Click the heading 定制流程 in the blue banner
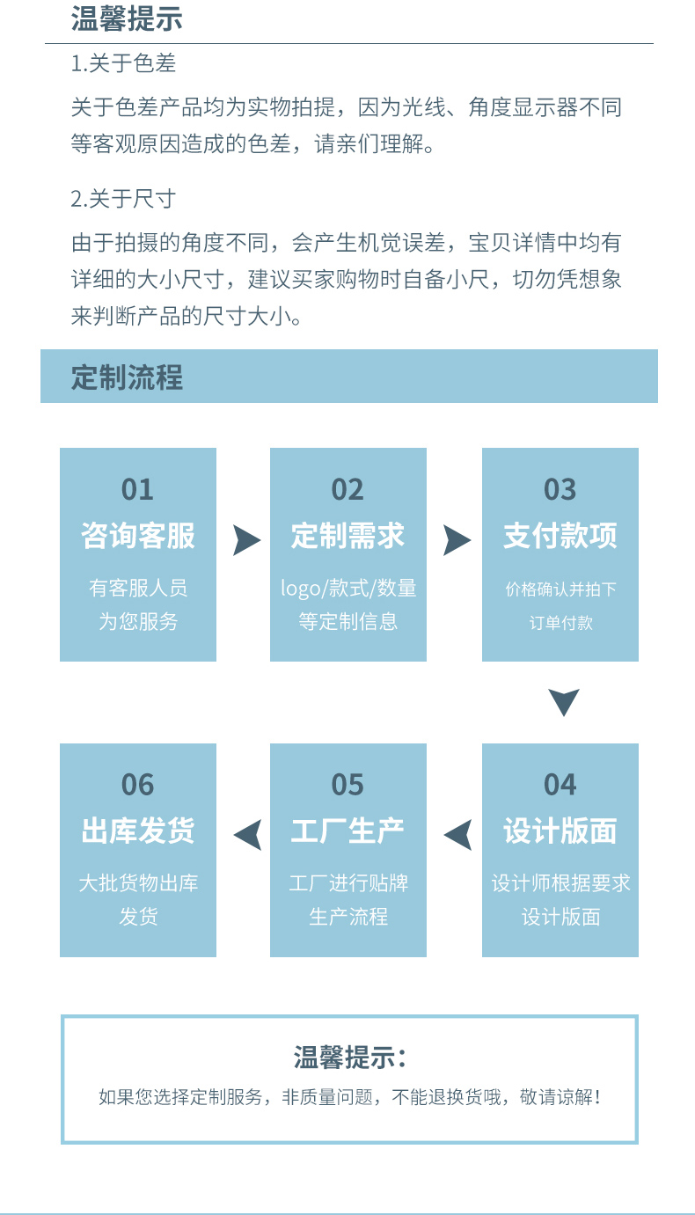[x=127, y=377]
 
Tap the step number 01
[x=138, y=489]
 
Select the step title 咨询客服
[x=138, y=536]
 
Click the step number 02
[x=347, y=489]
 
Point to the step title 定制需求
[x=347, y=536]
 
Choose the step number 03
[x=560, y=489]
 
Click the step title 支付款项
[x=560, y=536]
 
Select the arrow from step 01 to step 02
[x=247, y=540]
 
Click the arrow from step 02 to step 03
[x=457, y=540]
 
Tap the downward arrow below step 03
[x=564, y=701]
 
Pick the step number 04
[x=560, y=784]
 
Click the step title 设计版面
[x=560, y=831]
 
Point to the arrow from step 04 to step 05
[x=457, y=835]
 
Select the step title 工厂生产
[x=347, y=831]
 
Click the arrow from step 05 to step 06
[x=248, y=835]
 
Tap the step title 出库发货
[x=138, y=831]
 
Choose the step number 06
[x=138, y=784]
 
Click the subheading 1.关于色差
[x=123, y=63]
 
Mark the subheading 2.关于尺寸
[x=123, y=199]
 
